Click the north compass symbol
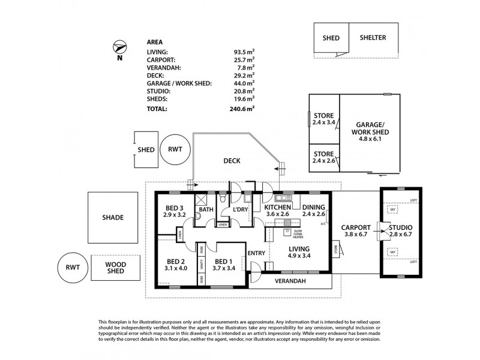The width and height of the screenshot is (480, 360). pos(119,47)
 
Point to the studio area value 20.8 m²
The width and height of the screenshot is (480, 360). pos(244,91)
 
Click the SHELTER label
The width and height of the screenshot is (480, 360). pos(373,38)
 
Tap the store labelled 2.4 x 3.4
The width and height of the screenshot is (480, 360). pos(323,120)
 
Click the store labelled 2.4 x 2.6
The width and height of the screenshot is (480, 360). pos(323,157)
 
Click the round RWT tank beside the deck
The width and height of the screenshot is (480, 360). pos(175,149)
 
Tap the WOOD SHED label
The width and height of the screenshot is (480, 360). pos(115,268)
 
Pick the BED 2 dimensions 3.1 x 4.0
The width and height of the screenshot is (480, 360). pos(176,268)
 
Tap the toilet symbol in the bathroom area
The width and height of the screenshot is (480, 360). pos(223,197)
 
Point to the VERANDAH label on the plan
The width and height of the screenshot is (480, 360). pos(290,281)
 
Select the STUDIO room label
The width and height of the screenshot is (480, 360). pos(401,227)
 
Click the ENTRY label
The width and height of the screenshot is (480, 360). pos(256,253)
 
